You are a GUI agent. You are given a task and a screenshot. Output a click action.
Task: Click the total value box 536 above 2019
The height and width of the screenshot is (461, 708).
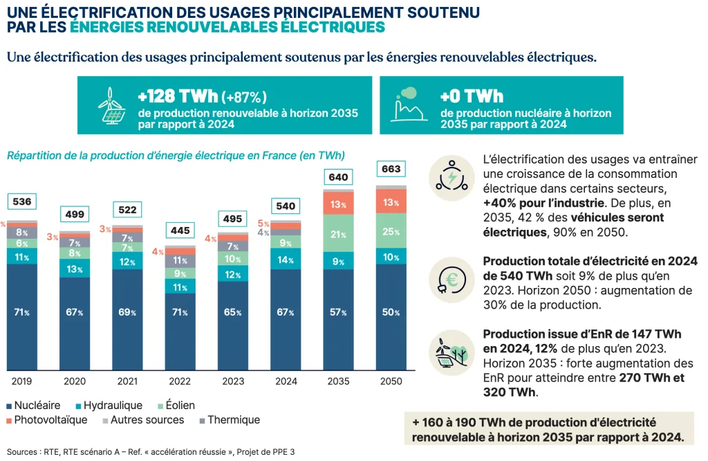[x=22, y=201]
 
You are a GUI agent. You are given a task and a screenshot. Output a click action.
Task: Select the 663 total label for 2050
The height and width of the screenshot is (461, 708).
[x=391, y=169]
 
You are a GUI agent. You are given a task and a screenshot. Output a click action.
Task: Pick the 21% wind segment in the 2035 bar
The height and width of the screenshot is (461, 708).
[x=338, y=234]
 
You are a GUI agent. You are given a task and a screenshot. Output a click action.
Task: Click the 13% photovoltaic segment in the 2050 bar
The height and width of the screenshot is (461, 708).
[x=391, y=202]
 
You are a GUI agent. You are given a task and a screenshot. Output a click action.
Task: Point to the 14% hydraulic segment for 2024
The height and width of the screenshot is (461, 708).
[x=286, y=260]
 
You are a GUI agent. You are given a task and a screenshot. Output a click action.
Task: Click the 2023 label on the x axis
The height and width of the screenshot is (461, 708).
[x=233, y=381]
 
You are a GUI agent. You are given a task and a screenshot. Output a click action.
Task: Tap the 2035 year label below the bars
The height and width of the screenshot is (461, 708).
[x=338, y=381]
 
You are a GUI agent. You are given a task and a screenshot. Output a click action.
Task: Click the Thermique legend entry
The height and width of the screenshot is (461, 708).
[x=229, y=420]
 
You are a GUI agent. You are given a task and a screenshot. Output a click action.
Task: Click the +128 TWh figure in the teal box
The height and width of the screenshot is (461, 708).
[x=178, y=96]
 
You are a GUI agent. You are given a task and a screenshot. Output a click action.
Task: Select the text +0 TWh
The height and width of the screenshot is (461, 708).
[x=472, y=96]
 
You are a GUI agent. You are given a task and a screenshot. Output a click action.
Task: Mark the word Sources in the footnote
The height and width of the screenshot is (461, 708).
[x=22, y=452]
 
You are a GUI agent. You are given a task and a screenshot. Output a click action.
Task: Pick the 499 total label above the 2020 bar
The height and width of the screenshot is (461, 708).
[x=75, y=215]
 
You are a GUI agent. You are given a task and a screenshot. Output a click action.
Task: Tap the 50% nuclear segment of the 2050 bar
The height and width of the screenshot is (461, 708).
[x=391, y=312]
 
